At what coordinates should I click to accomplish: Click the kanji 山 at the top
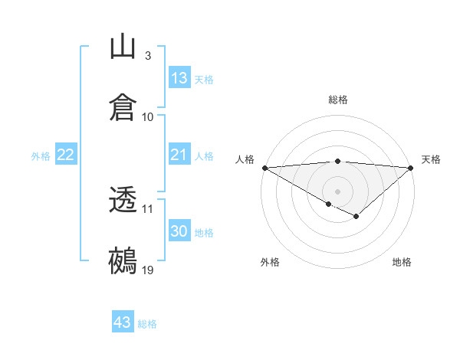pos(123,47)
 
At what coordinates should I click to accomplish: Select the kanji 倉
pos(123,108)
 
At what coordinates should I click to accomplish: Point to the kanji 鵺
pos(123,261)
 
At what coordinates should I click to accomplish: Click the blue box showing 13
pos(179,78)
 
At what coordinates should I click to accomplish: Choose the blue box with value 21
pos(179,155)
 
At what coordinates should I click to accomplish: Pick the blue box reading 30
pos(179,231)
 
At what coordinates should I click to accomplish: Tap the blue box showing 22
pos(66,155)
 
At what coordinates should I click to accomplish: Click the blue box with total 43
pos(123,322)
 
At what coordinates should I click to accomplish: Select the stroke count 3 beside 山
pos(147,56)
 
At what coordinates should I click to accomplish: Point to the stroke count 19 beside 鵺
pos(147,270)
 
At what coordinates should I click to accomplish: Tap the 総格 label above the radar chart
pos(338,100)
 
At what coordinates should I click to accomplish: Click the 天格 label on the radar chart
pos(431,159)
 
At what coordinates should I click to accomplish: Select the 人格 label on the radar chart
pos(245,159)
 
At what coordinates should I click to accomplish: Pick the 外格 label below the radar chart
pos(270,262)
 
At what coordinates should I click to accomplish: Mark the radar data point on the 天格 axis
pos(412,167)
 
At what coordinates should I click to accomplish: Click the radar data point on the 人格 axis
pos(264,167)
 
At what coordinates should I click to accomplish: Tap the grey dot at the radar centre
pos(338,191)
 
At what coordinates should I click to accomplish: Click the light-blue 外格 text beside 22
pos(41,155)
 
